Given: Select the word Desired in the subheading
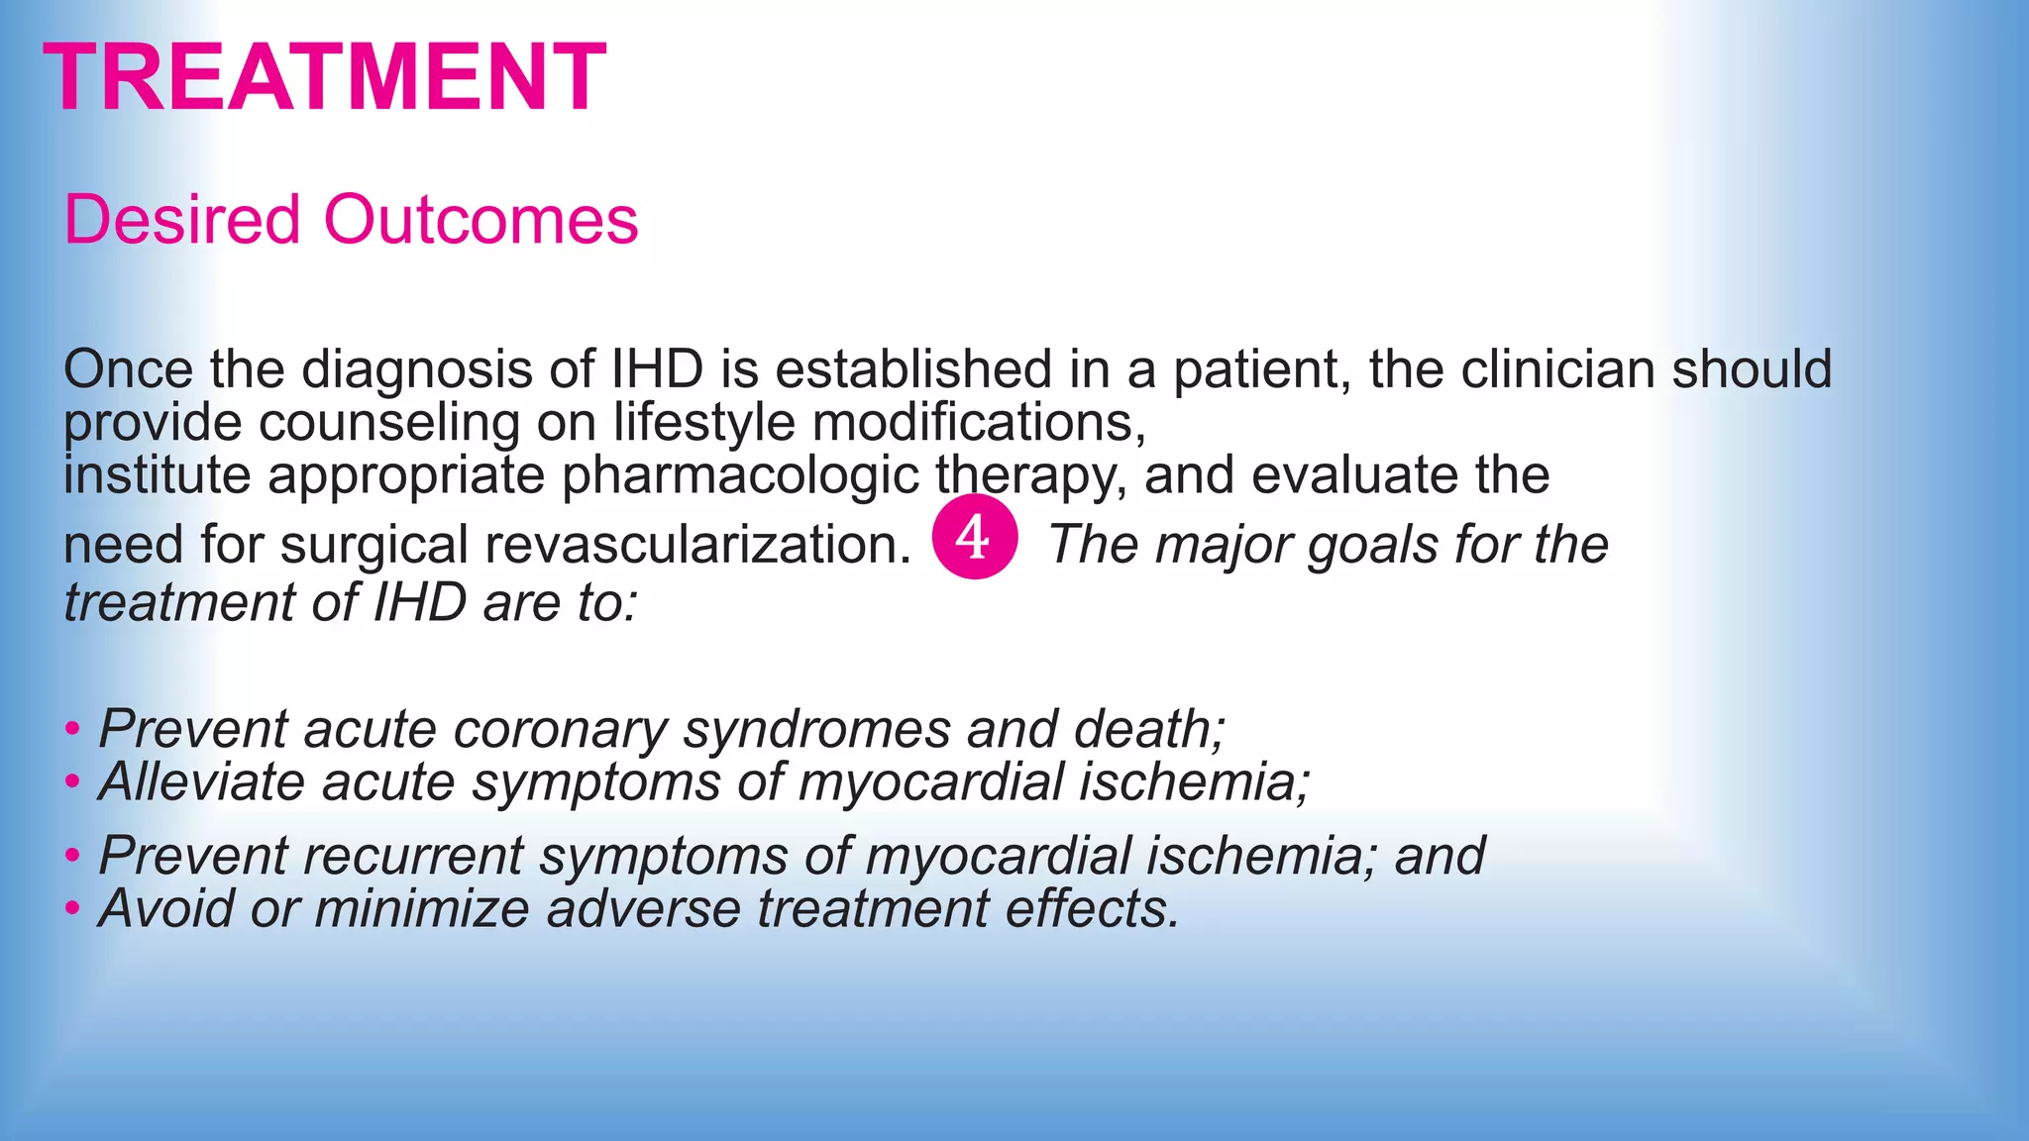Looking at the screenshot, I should (x=181, y=219).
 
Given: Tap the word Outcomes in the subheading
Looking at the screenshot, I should (x=481, y=219).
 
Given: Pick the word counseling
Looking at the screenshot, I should (x=389, y=423).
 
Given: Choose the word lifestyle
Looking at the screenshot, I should (x=703, y=423).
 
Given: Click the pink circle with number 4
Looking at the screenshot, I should (x=974, y=537).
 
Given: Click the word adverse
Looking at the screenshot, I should (x=643, y=908).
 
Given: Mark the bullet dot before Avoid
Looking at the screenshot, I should (x=72, y=908).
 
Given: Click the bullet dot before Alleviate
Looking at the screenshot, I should (x=72, y=782).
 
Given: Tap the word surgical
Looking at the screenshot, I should (x=374, y=546).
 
